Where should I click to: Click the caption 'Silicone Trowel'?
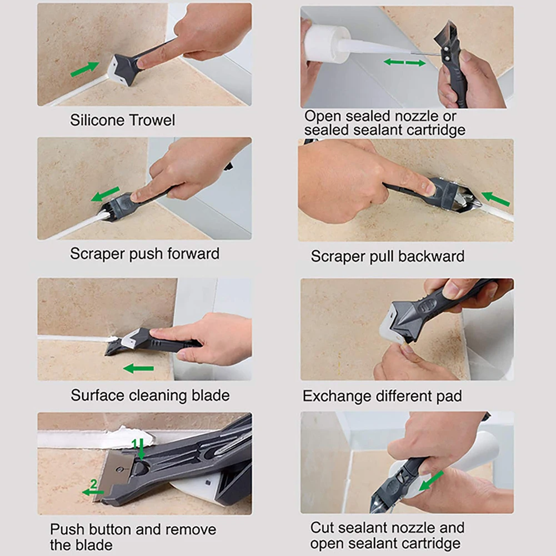point(122,120)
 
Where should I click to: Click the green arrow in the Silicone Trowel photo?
point(84,69)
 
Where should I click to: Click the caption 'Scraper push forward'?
point(144,254)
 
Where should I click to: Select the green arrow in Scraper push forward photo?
point(105,194)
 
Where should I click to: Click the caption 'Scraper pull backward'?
point(387,257)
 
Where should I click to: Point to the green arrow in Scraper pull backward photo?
point(495,198)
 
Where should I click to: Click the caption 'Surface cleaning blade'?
point(150,395)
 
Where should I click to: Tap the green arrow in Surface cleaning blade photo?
point(138,368)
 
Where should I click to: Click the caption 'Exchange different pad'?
point(382,397)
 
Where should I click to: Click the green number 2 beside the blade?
point(93,485)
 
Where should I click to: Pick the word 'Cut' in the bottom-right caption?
point(323,527)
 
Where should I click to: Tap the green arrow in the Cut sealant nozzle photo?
point(432,481)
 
